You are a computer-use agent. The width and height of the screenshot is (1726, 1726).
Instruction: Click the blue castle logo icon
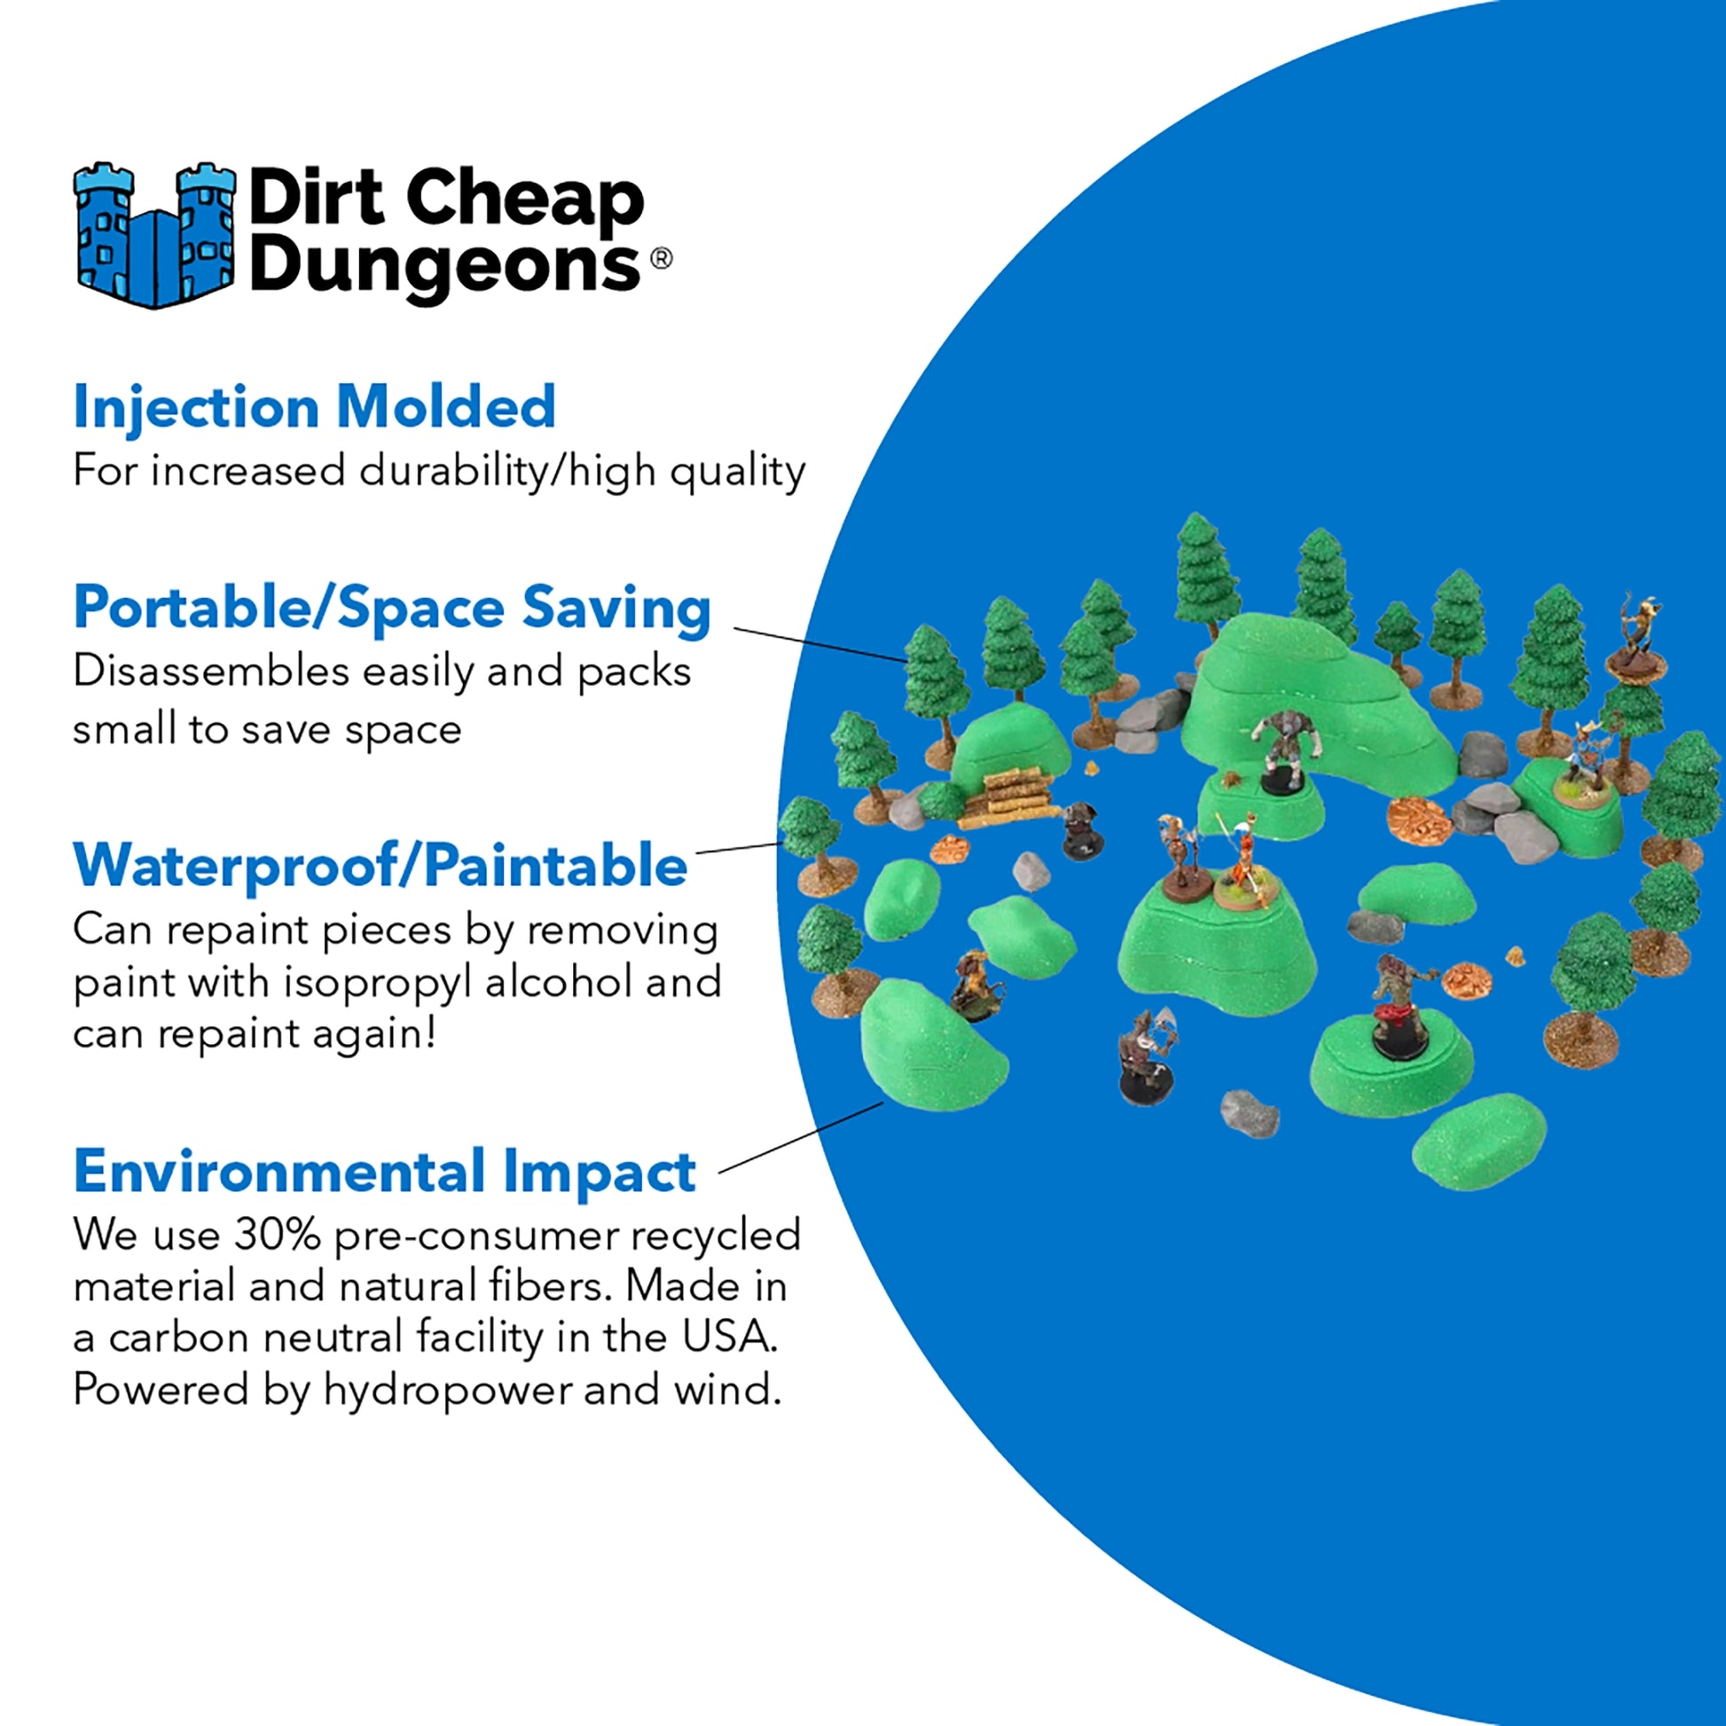click(154, 236)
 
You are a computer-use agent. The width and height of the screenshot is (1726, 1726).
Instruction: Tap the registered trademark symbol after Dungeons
click(660, 258)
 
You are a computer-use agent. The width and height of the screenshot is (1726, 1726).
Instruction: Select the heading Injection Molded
click(315, 407)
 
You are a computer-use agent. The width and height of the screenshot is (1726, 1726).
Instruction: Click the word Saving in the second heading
click(616, 608)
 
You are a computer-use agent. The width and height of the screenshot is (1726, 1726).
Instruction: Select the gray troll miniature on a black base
click(1283, 750)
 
